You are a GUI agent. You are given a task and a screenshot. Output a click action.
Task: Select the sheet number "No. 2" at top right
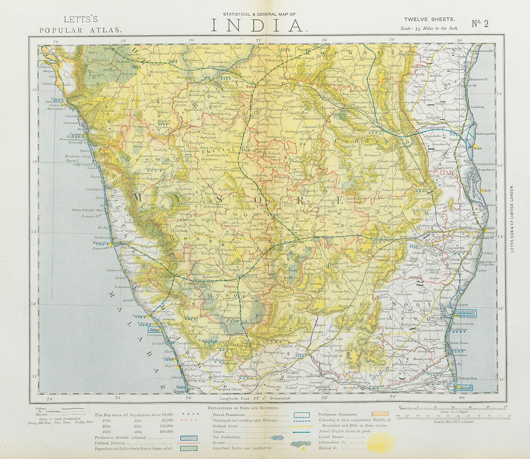[480, 24]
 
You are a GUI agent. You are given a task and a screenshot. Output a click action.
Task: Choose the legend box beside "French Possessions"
[302, 415]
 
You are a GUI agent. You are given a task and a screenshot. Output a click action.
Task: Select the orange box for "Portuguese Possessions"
[380, 414]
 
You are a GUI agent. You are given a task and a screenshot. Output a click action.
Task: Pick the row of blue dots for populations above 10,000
[190, 414]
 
